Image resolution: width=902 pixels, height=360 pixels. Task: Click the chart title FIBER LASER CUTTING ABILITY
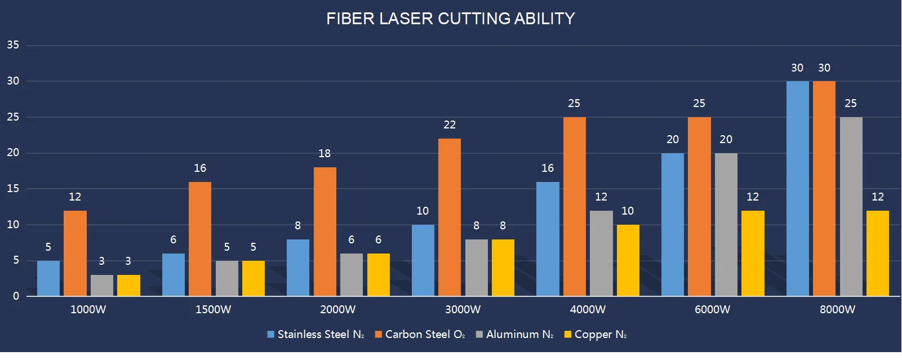pos(450,19)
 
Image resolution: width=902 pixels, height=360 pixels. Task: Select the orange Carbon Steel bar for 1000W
pos(75,253)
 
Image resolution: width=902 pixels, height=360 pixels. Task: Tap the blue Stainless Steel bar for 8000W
pos(797,188)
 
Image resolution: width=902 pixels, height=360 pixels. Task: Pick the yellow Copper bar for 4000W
pos(628,260)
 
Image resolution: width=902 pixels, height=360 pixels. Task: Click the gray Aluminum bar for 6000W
pos(726,224)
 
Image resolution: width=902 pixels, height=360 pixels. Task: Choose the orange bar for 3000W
pos(449,217)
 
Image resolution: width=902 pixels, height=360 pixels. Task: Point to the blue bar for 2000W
pos(297,268)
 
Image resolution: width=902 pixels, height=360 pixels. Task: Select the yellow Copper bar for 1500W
pos(253,278)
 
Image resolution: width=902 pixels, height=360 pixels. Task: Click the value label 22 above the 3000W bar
pos(449,125)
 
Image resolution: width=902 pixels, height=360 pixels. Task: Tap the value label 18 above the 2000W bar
pos(325,153)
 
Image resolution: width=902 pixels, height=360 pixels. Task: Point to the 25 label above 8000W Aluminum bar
pos(851,103)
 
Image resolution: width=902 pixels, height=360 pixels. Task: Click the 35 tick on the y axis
pos(13,45)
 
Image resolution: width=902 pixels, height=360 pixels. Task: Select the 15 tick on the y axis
pos(13,189)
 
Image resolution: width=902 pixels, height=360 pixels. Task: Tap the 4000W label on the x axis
pos(588,309)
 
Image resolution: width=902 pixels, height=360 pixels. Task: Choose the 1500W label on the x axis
pos(213,309)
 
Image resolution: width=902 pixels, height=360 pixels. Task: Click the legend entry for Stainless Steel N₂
pos(316,334)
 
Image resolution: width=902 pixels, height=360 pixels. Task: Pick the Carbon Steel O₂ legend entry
pos(420,334)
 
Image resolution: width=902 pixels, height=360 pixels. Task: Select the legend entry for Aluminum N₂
pos(514,334)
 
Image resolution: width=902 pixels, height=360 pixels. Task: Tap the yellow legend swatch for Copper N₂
pos(568,334)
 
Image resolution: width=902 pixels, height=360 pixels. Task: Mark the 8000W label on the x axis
pos(837,309)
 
